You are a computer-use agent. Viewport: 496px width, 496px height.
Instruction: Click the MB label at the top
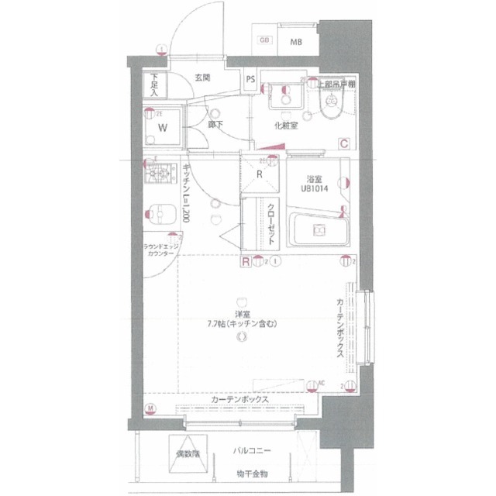point(295,42)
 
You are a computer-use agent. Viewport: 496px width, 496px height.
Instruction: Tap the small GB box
point(265,40)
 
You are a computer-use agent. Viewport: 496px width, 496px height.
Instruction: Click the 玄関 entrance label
point(203,78)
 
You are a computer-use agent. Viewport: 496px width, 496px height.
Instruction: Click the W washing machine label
point(163,127)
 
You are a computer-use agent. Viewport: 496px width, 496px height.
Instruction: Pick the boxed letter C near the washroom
point(342,142)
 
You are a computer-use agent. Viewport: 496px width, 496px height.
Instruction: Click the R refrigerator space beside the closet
point(260,175)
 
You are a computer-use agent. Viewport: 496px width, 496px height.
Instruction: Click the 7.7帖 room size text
point(242,324)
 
